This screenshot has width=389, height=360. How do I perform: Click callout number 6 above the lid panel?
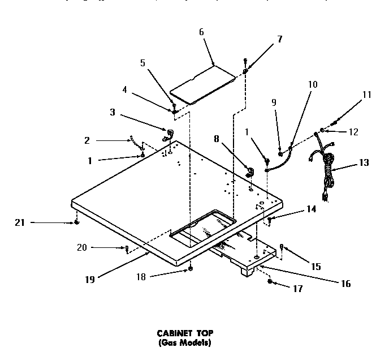pyautogui.click(x=201, y=32)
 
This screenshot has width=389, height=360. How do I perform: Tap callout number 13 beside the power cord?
pyautogui.click(x=364, y=162)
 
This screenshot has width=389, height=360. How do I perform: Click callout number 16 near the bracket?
pyautogui.click(x=344, y=284)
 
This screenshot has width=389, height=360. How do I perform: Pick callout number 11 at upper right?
pyautogui.click(x=367, y=95)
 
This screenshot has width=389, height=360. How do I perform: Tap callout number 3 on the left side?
pyautogui.click(x=113, y=112)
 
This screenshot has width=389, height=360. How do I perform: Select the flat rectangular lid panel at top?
pyautogui.click(x=204, y=85)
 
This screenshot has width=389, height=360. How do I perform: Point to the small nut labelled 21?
pyautogui.click(x=76, y=223)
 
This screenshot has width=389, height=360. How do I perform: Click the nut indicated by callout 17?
pyautogui.click(x=271, y=281)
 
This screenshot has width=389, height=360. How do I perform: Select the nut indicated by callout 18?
pyautogui.click(x=191, y=267)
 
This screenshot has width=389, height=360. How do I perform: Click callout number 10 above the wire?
pyautogui.click(x=312, y=85)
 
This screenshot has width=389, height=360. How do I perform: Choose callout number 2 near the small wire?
pyautogui.click(x=87, y=140)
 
